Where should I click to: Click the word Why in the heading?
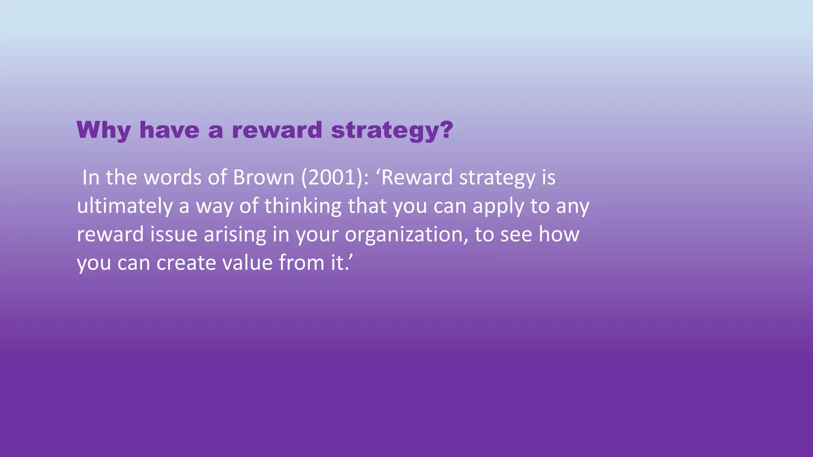(103, 130)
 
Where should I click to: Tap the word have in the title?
(169, 130)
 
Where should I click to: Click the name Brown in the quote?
(264, 177)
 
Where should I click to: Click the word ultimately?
(125, 206)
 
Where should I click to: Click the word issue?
(173, 234)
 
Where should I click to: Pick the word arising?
(235, 234)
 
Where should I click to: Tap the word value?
(247, 263)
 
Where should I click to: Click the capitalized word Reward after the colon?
(417, 177)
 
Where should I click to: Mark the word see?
(516, 234)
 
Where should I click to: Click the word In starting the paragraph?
(91, 177)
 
